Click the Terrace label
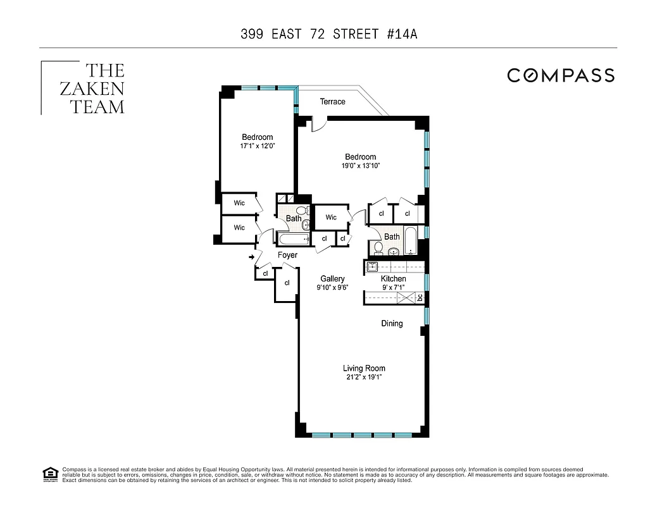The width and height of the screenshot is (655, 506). [x=332, y=102]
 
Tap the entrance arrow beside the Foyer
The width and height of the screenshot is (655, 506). [x=252, y=257]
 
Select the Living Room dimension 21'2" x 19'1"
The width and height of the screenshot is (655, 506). [x=364, y=378]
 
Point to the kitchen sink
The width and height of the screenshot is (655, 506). [x=372, y=267]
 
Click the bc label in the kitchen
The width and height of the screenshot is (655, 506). [x=420, y=297]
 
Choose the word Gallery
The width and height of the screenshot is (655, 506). [x=332, y=279]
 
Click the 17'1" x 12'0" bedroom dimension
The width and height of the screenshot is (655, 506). [x=258, y=146]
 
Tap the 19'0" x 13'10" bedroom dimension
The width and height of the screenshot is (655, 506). [x=361, y=166]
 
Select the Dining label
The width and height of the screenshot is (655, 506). [x=392, y=324]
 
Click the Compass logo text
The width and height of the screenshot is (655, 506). [x=561, y=75]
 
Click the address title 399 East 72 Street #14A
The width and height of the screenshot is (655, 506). [x=328, y=34]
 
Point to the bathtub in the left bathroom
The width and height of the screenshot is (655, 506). [x=292, y=239]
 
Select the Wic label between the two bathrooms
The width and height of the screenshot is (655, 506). [x=331, y=218]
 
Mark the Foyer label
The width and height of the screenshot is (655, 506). [x=287, y=256]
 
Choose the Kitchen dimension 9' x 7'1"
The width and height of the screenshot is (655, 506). [x=393, y=288]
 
